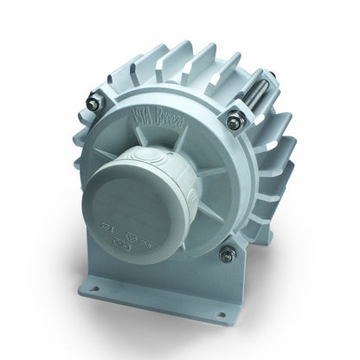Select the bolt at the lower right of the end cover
[228, 254]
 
